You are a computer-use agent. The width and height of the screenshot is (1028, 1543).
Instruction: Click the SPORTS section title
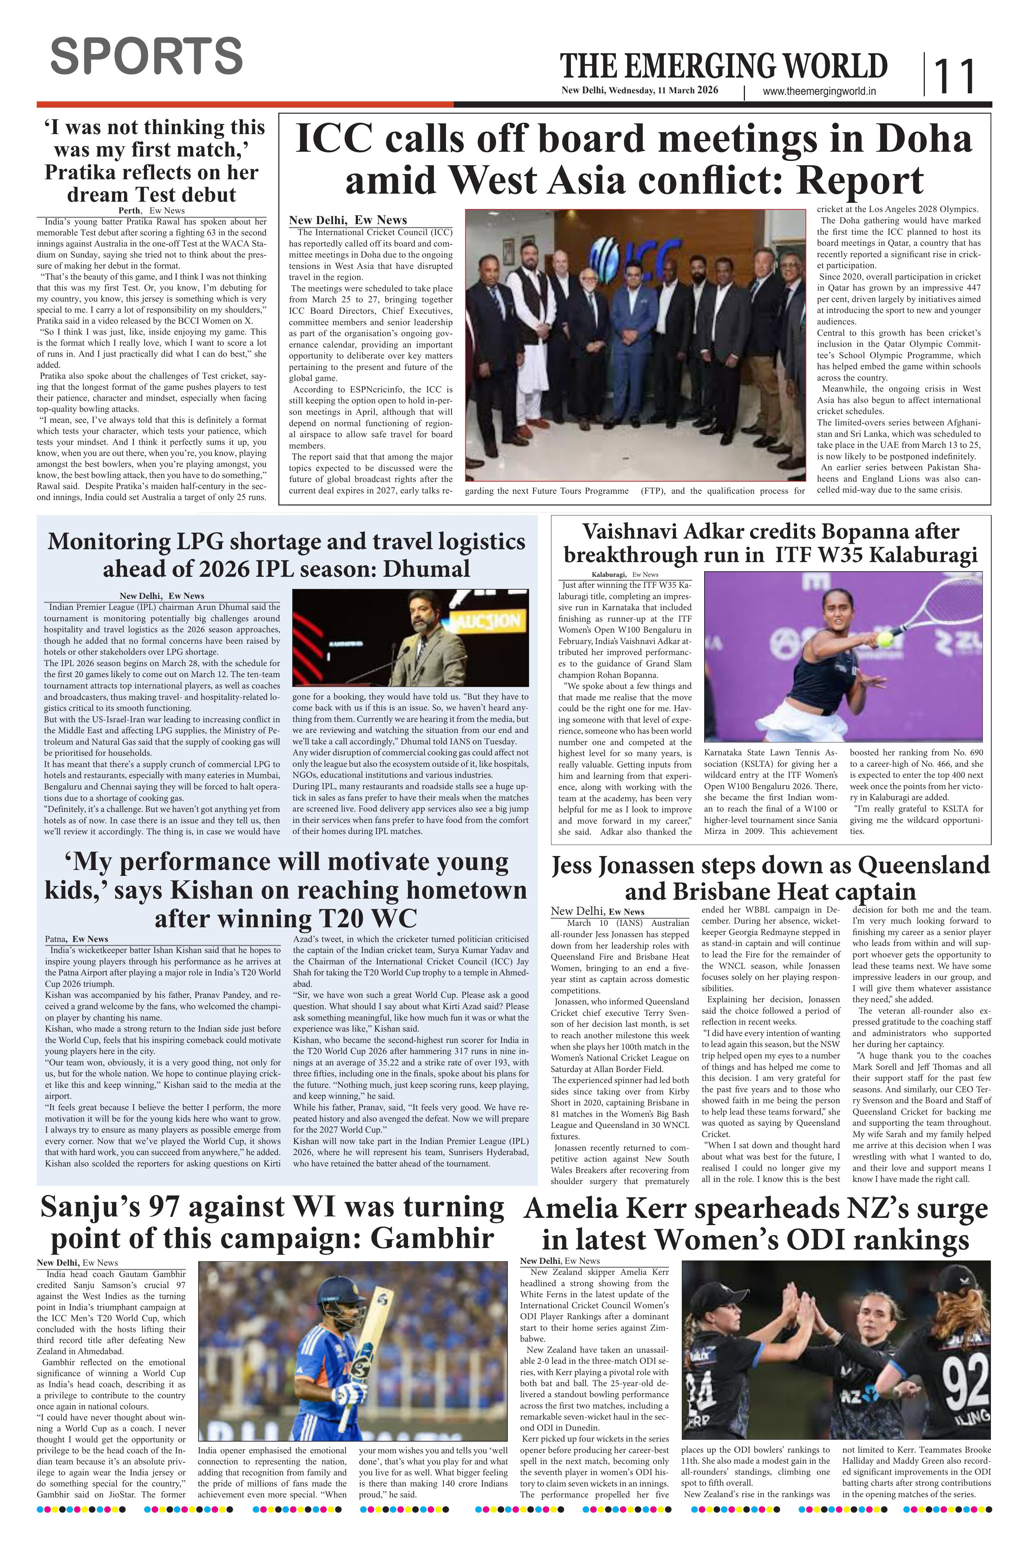pos(146,57)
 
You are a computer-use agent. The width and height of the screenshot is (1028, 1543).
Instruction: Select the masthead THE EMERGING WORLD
pos(723,67)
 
